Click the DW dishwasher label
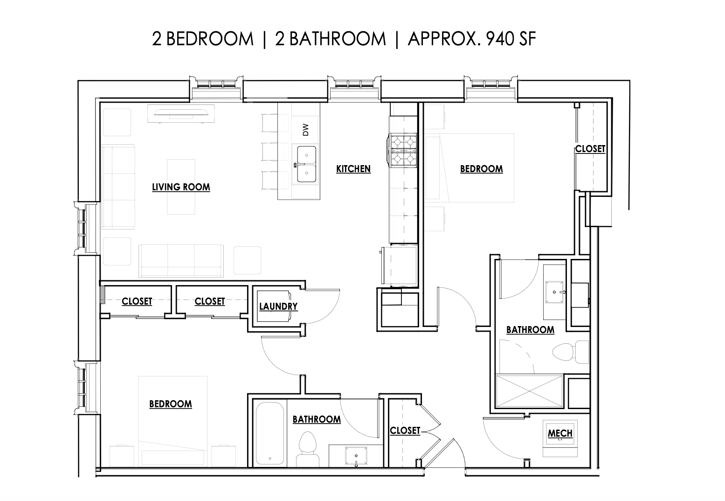pyautogui.click(x=305, y=130)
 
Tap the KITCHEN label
pyautogui.click(x=353, y=169)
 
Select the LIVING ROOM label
pyautogui.click(x=181, y=187)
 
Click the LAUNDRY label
pyautogui.click(x=278, y=306)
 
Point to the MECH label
pyautogui.click(x=560, y=433)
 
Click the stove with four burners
pyautogui.click(x=403, y=151)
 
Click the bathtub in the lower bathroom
pyautogui.click(x=269, y=433)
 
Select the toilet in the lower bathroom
pyautogui.click(x=307, y=449)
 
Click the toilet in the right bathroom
pyautogui.click(x=570, y=352)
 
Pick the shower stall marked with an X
pyautogui.click(x=530, y=391)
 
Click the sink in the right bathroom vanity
pyautogui.click(x=555, y=292)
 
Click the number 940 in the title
pyautogui.click(x=495, y=39)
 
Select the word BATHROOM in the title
pyautogui.click(x=337, y=39)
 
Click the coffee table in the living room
pyautogui.click(x=181, y=187)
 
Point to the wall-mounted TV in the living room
pyautogui.click(x=181, y=113)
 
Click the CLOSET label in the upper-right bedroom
pyautogui.click(x=590, y=149)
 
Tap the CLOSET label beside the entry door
pyautogui.click(x=405, y=431)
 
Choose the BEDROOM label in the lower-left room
pyautogui.click(x=171, y=404)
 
